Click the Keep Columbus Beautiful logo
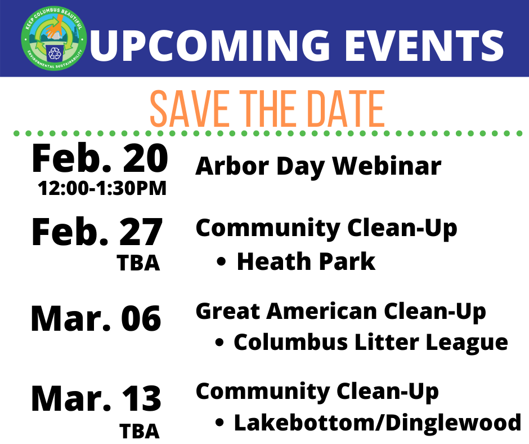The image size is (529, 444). pyautogui.click(x=55, y=38)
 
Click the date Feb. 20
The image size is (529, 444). pyautogui.click(x=100, y=159)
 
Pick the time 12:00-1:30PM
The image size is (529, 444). pyautogui.click(x=102, y=188)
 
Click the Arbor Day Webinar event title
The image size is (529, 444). pyautogui.click(x=318, y=167)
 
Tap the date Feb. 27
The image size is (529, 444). pyautogui.click(x=97, y=233)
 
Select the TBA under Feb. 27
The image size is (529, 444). pyautogui.click(x=139, y=263)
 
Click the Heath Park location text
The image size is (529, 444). pyautogui.click(x=306, y=262)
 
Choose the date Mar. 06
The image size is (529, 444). pyautogui.click(x=96, y=318)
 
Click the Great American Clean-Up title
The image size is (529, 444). pyautogui.click(x=340, y=311)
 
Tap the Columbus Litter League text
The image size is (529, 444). pyautogui.click(x=370, y=342)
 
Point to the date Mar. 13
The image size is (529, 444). pyautogui.click(x=96, y=399)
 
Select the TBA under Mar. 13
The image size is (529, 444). pyautogui.click(x=139, y=431)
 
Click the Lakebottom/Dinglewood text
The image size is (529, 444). pyautogui.click(x=377, y=423)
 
